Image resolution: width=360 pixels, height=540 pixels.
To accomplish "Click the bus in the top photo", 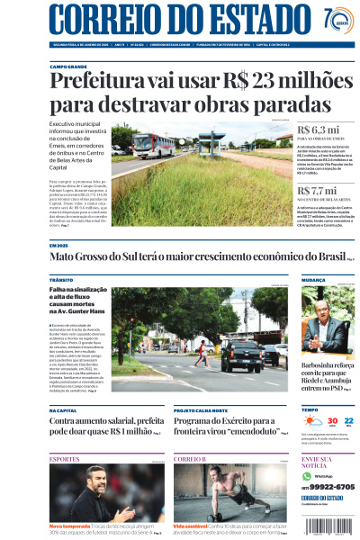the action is point(146,141).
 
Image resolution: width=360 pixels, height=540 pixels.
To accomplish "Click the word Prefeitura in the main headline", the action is point(94,82).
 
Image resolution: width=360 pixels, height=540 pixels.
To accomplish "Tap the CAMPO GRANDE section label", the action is point(68,67).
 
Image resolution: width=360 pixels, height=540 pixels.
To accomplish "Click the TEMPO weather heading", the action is point(310,409).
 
